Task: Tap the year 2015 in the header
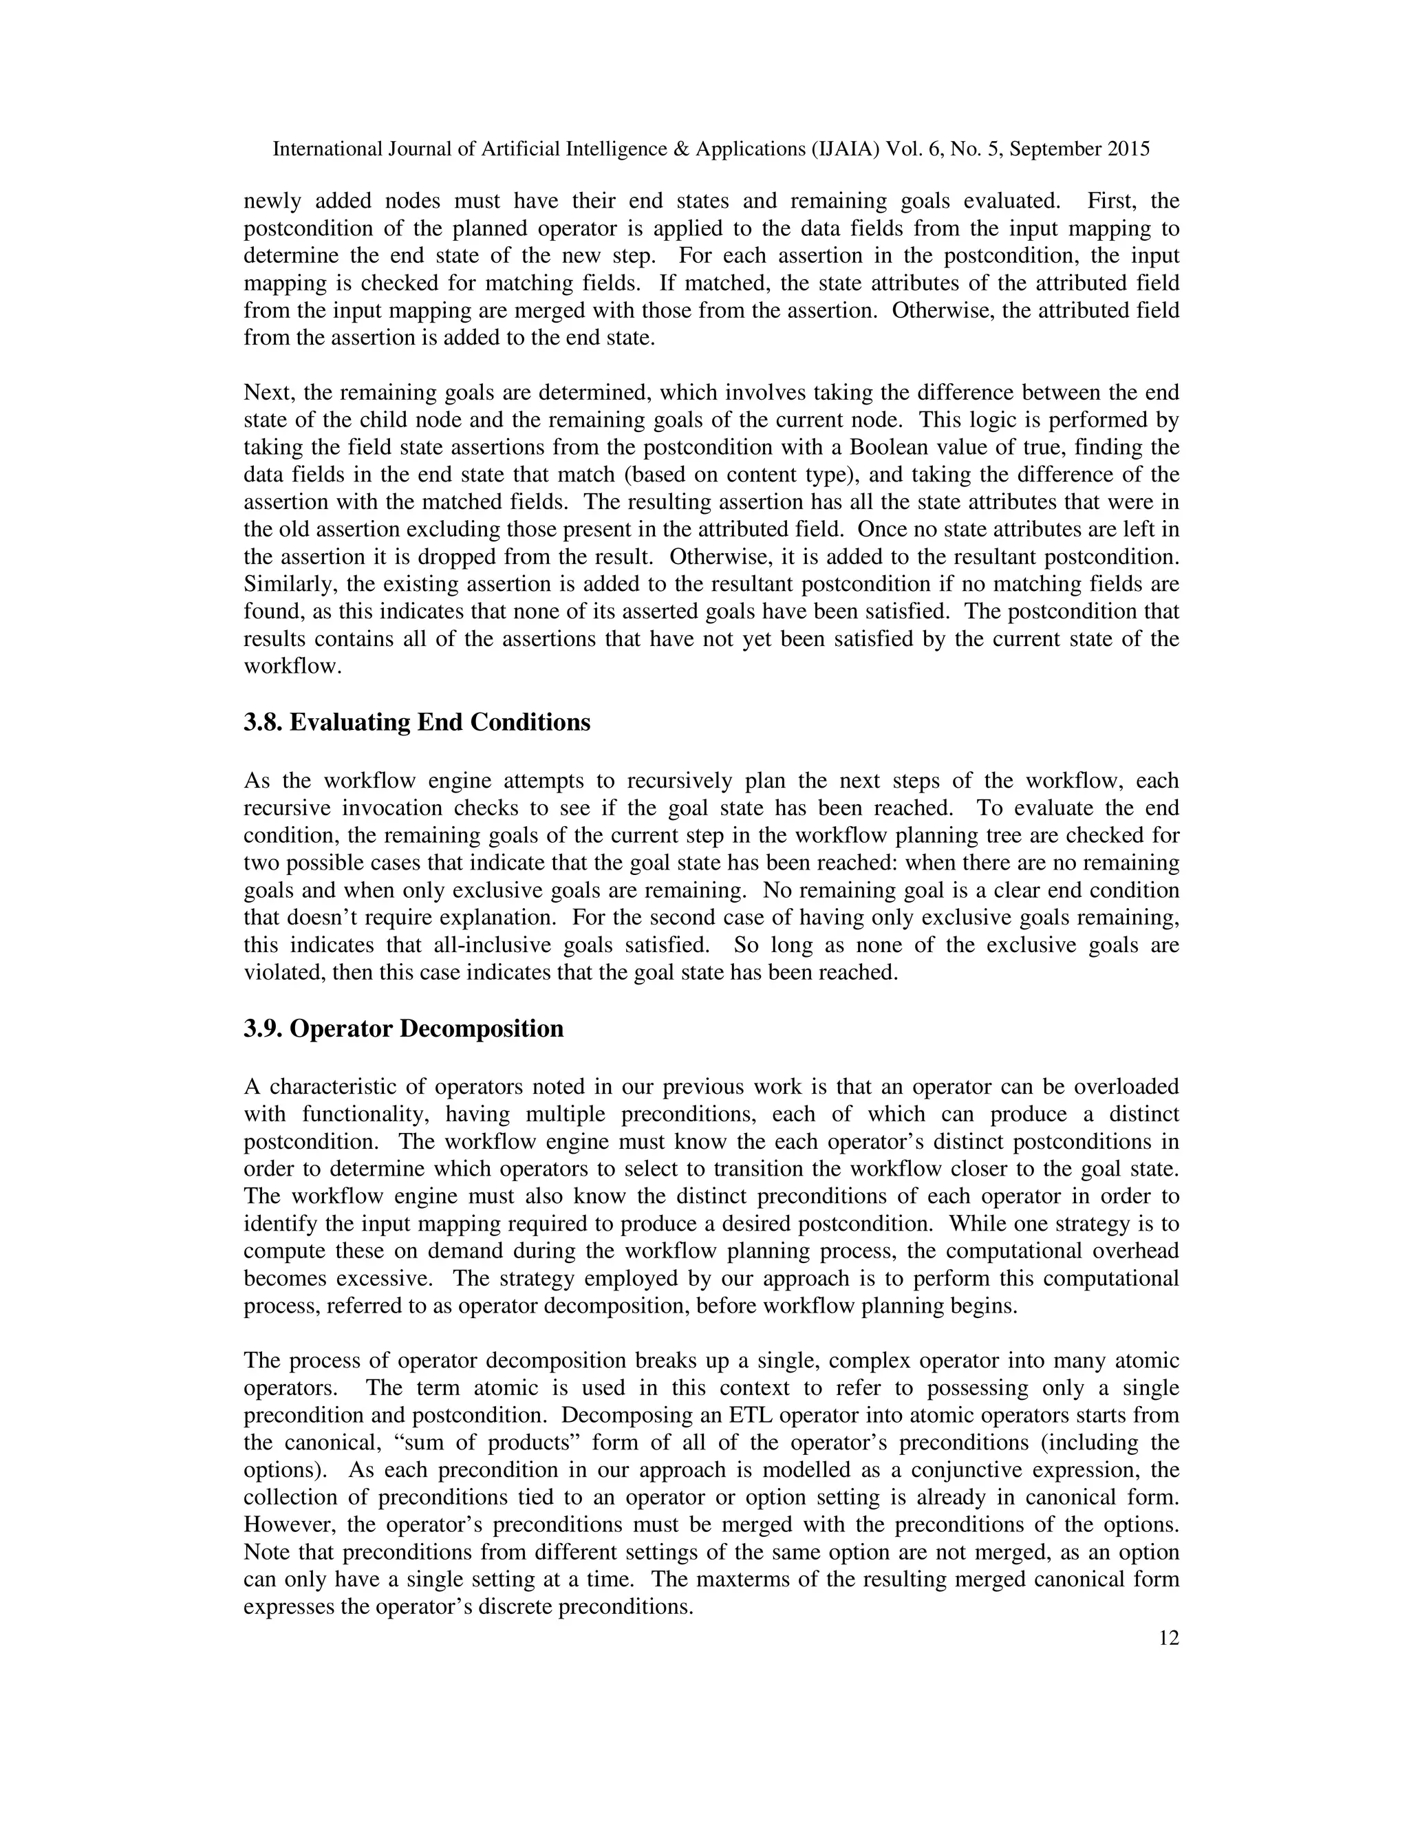click(x=1128, y=149)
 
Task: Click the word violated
click(x=281, y=973)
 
